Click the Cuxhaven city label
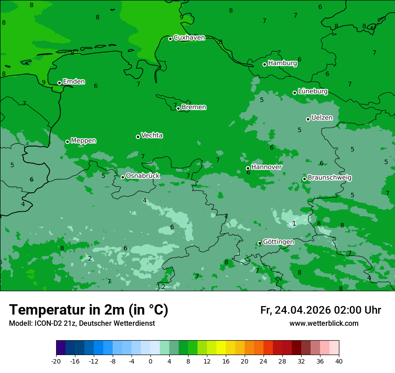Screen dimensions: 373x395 click(189, 37)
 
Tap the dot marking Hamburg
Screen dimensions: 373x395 click(264, 64)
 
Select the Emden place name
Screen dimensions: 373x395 click(74, 81)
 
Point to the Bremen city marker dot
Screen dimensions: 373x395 click(178, 108)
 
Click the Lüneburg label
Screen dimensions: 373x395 click(312, 91)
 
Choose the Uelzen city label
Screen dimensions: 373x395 click(322, 118)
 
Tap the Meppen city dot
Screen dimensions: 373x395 click(67, 142)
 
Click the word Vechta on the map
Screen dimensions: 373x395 click(152, 135)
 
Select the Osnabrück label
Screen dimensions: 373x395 click(143, 176)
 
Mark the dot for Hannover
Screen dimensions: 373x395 click(248, 168)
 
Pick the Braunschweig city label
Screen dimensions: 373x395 click(329, 178)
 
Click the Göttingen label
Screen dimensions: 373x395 click(278, 242)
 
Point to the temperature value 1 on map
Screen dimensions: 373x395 click(294, 223)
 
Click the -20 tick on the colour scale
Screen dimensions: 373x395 click(56, 361)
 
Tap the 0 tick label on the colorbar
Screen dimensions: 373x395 click(150, 361)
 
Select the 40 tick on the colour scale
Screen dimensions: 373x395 click(339, 361)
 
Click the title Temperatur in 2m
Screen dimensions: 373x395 click(88, 310)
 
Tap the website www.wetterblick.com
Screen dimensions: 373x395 click(324, 324)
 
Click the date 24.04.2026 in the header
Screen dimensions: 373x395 click(302, 310)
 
